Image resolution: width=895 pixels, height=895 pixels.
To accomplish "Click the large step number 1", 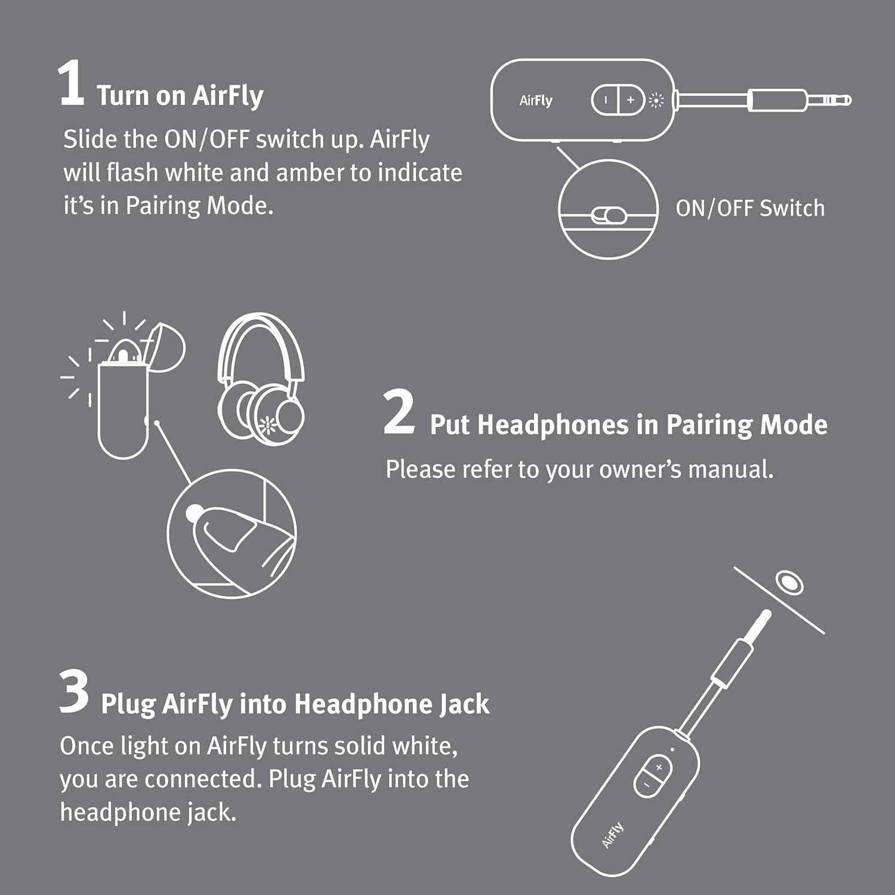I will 72,84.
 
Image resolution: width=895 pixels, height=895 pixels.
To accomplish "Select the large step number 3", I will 75,692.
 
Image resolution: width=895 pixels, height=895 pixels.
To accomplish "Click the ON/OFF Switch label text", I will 750,208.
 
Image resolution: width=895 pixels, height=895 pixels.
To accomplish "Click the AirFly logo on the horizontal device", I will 536,100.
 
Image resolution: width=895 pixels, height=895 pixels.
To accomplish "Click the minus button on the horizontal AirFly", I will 605,100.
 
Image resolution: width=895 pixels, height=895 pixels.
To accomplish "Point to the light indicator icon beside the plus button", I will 656,100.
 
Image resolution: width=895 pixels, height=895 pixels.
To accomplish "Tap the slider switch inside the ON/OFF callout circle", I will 609,215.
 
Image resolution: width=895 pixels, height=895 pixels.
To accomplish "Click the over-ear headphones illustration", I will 261,376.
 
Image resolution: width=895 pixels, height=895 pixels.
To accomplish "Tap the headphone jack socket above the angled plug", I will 789,582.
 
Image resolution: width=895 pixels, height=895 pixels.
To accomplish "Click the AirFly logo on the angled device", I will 613,834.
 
